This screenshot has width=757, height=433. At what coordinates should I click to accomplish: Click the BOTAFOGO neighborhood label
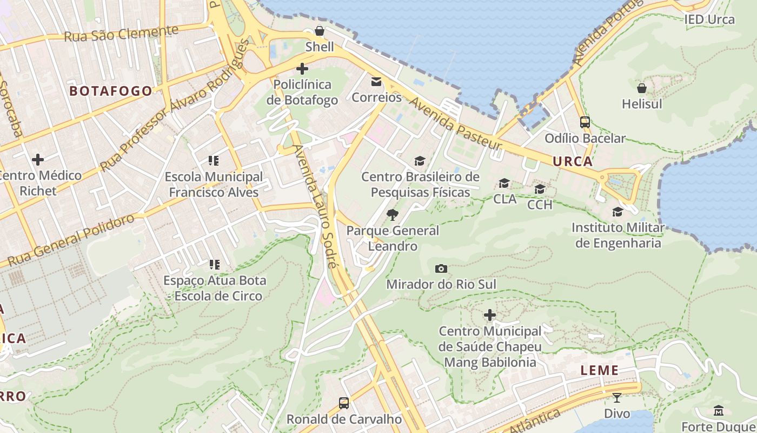(111, 91)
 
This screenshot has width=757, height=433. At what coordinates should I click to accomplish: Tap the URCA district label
(573, 161)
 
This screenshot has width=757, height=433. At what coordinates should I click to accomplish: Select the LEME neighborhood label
(599, 370)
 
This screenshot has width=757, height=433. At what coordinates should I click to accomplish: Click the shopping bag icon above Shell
(320, 31)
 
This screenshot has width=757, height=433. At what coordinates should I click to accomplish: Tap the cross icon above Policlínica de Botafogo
(302, 69)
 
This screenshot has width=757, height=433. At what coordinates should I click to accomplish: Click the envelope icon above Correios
(376, 82)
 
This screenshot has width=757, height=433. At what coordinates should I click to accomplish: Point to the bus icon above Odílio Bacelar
(585, 122)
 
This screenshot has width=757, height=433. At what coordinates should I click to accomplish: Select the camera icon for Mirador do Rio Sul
(441, 268)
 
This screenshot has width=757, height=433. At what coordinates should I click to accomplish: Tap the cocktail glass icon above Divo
(616, 398)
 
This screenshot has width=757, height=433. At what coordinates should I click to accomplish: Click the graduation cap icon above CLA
(504, 183)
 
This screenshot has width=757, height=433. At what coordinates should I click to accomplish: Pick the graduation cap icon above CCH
(540, 189)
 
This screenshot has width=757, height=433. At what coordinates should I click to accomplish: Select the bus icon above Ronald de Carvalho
(343, 403)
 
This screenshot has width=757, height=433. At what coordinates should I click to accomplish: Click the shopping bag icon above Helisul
(642, 88)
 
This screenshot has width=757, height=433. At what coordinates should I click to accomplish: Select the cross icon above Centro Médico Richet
(38, 160)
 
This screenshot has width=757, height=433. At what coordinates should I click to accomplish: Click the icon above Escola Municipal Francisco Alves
(214, 161)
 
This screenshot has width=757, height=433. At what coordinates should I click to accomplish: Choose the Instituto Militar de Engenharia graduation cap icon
(617, 212)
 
